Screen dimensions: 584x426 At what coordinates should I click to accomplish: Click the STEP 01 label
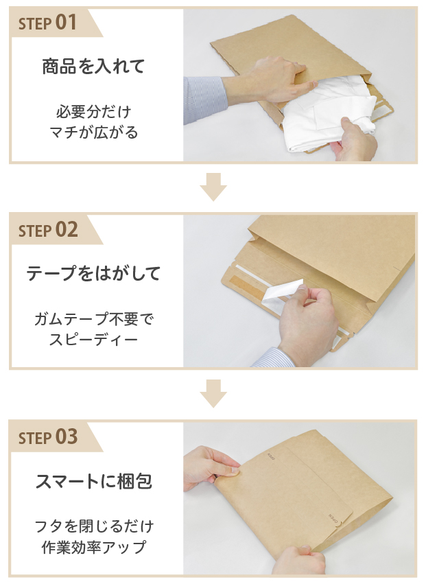pyautogui.click(x=47, y=23)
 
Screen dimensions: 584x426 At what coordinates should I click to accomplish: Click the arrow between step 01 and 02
pyautogui.click(x=213, y=188)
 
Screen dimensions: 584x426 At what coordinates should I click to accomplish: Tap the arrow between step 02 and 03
pyautogui.click(x=213, y=395)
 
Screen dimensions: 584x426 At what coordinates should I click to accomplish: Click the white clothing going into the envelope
pyautogui.click(x=322, y=120)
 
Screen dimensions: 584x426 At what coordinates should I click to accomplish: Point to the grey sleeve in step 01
pyautogui.click(x=204, y=96)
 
